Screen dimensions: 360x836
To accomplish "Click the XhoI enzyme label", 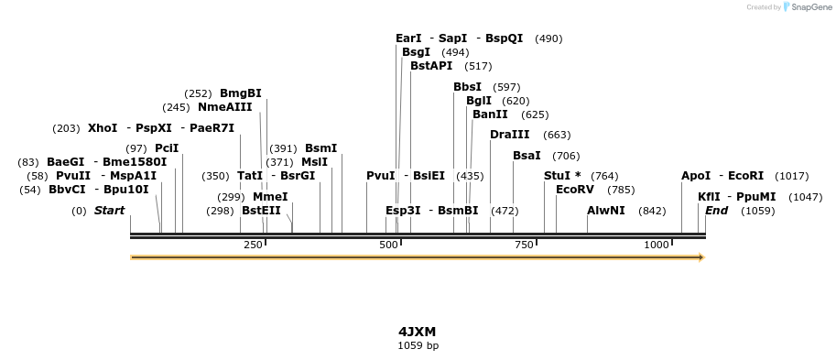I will coord(103,128).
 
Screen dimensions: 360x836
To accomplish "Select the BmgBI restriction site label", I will coord(241,93).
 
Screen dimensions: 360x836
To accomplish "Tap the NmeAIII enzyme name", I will coord(224,107).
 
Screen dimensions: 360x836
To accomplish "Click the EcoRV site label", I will coord(575,190).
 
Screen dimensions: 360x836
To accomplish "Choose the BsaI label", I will coord(527,156).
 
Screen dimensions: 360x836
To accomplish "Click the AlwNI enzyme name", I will coord(606,211).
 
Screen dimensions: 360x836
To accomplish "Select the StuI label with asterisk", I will coord(562,176).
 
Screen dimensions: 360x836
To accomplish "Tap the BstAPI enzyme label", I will coord(431,66).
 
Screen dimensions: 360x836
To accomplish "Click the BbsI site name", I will coord(467,87).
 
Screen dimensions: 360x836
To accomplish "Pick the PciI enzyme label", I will coord(167,148).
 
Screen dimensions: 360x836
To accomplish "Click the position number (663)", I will coord(557,136).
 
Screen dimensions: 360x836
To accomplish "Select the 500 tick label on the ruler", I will coord(389,245).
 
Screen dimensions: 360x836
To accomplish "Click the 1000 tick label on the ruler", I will coord(657,245).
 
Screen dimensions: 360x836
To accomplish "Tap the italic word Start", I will coord(109,211).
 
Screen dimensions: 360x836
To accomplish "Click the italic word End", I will coord(716,211).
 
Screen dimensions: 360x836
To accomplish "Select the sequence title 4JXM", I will coord(418,331).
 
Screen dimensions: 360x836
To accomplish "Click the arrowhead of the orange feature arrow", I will coord(701,257).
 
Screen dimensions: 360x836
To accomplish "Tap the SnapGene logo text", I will coord(809,7).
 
